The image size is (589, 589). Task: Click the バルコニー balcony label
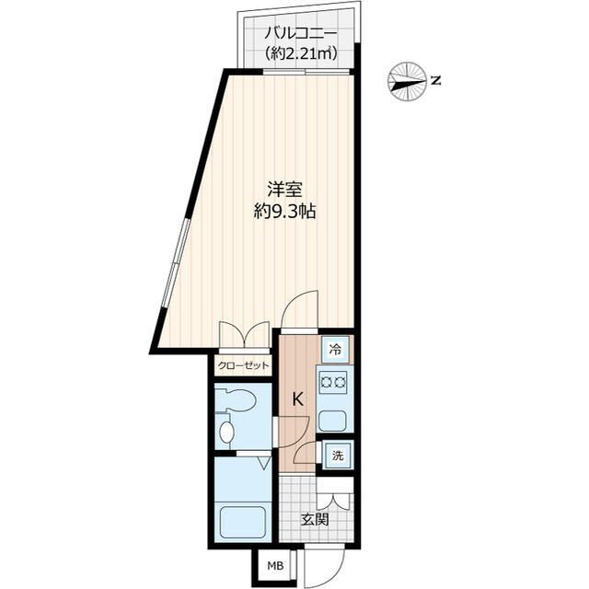coord(300,34)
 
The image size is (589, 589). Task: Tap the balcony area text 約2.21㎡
coord(300,53)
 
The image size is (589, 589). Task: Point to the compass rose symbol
coord(407,82)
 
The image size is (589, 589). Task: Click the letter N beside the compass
coord(435,80)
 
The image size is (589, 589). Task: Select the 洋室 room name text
coord(284,190)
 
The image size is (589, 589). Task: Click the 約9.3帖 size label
coord(284,213)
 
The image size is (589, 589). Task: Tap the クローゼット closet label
coord(244,364)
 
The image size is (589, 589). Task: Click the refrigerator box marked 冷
coord(335,350)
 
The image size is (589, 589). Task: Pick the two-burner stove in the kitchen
coord(333,383)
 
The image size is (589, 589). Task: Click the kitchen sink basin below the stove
coord(332,422)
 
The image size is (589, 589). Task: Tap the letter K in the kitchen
coord(297,398)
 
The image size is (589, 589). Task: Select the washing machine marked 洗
coord(338,456)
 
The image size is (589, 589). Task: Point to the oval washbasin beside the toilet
coord(227,432)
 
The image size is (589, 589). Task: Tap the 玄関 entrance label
coord(316,519)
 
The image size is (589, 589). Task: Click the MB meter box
coord(275,565)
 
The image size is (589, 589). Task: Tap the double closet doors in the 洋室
coord(245,333)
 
